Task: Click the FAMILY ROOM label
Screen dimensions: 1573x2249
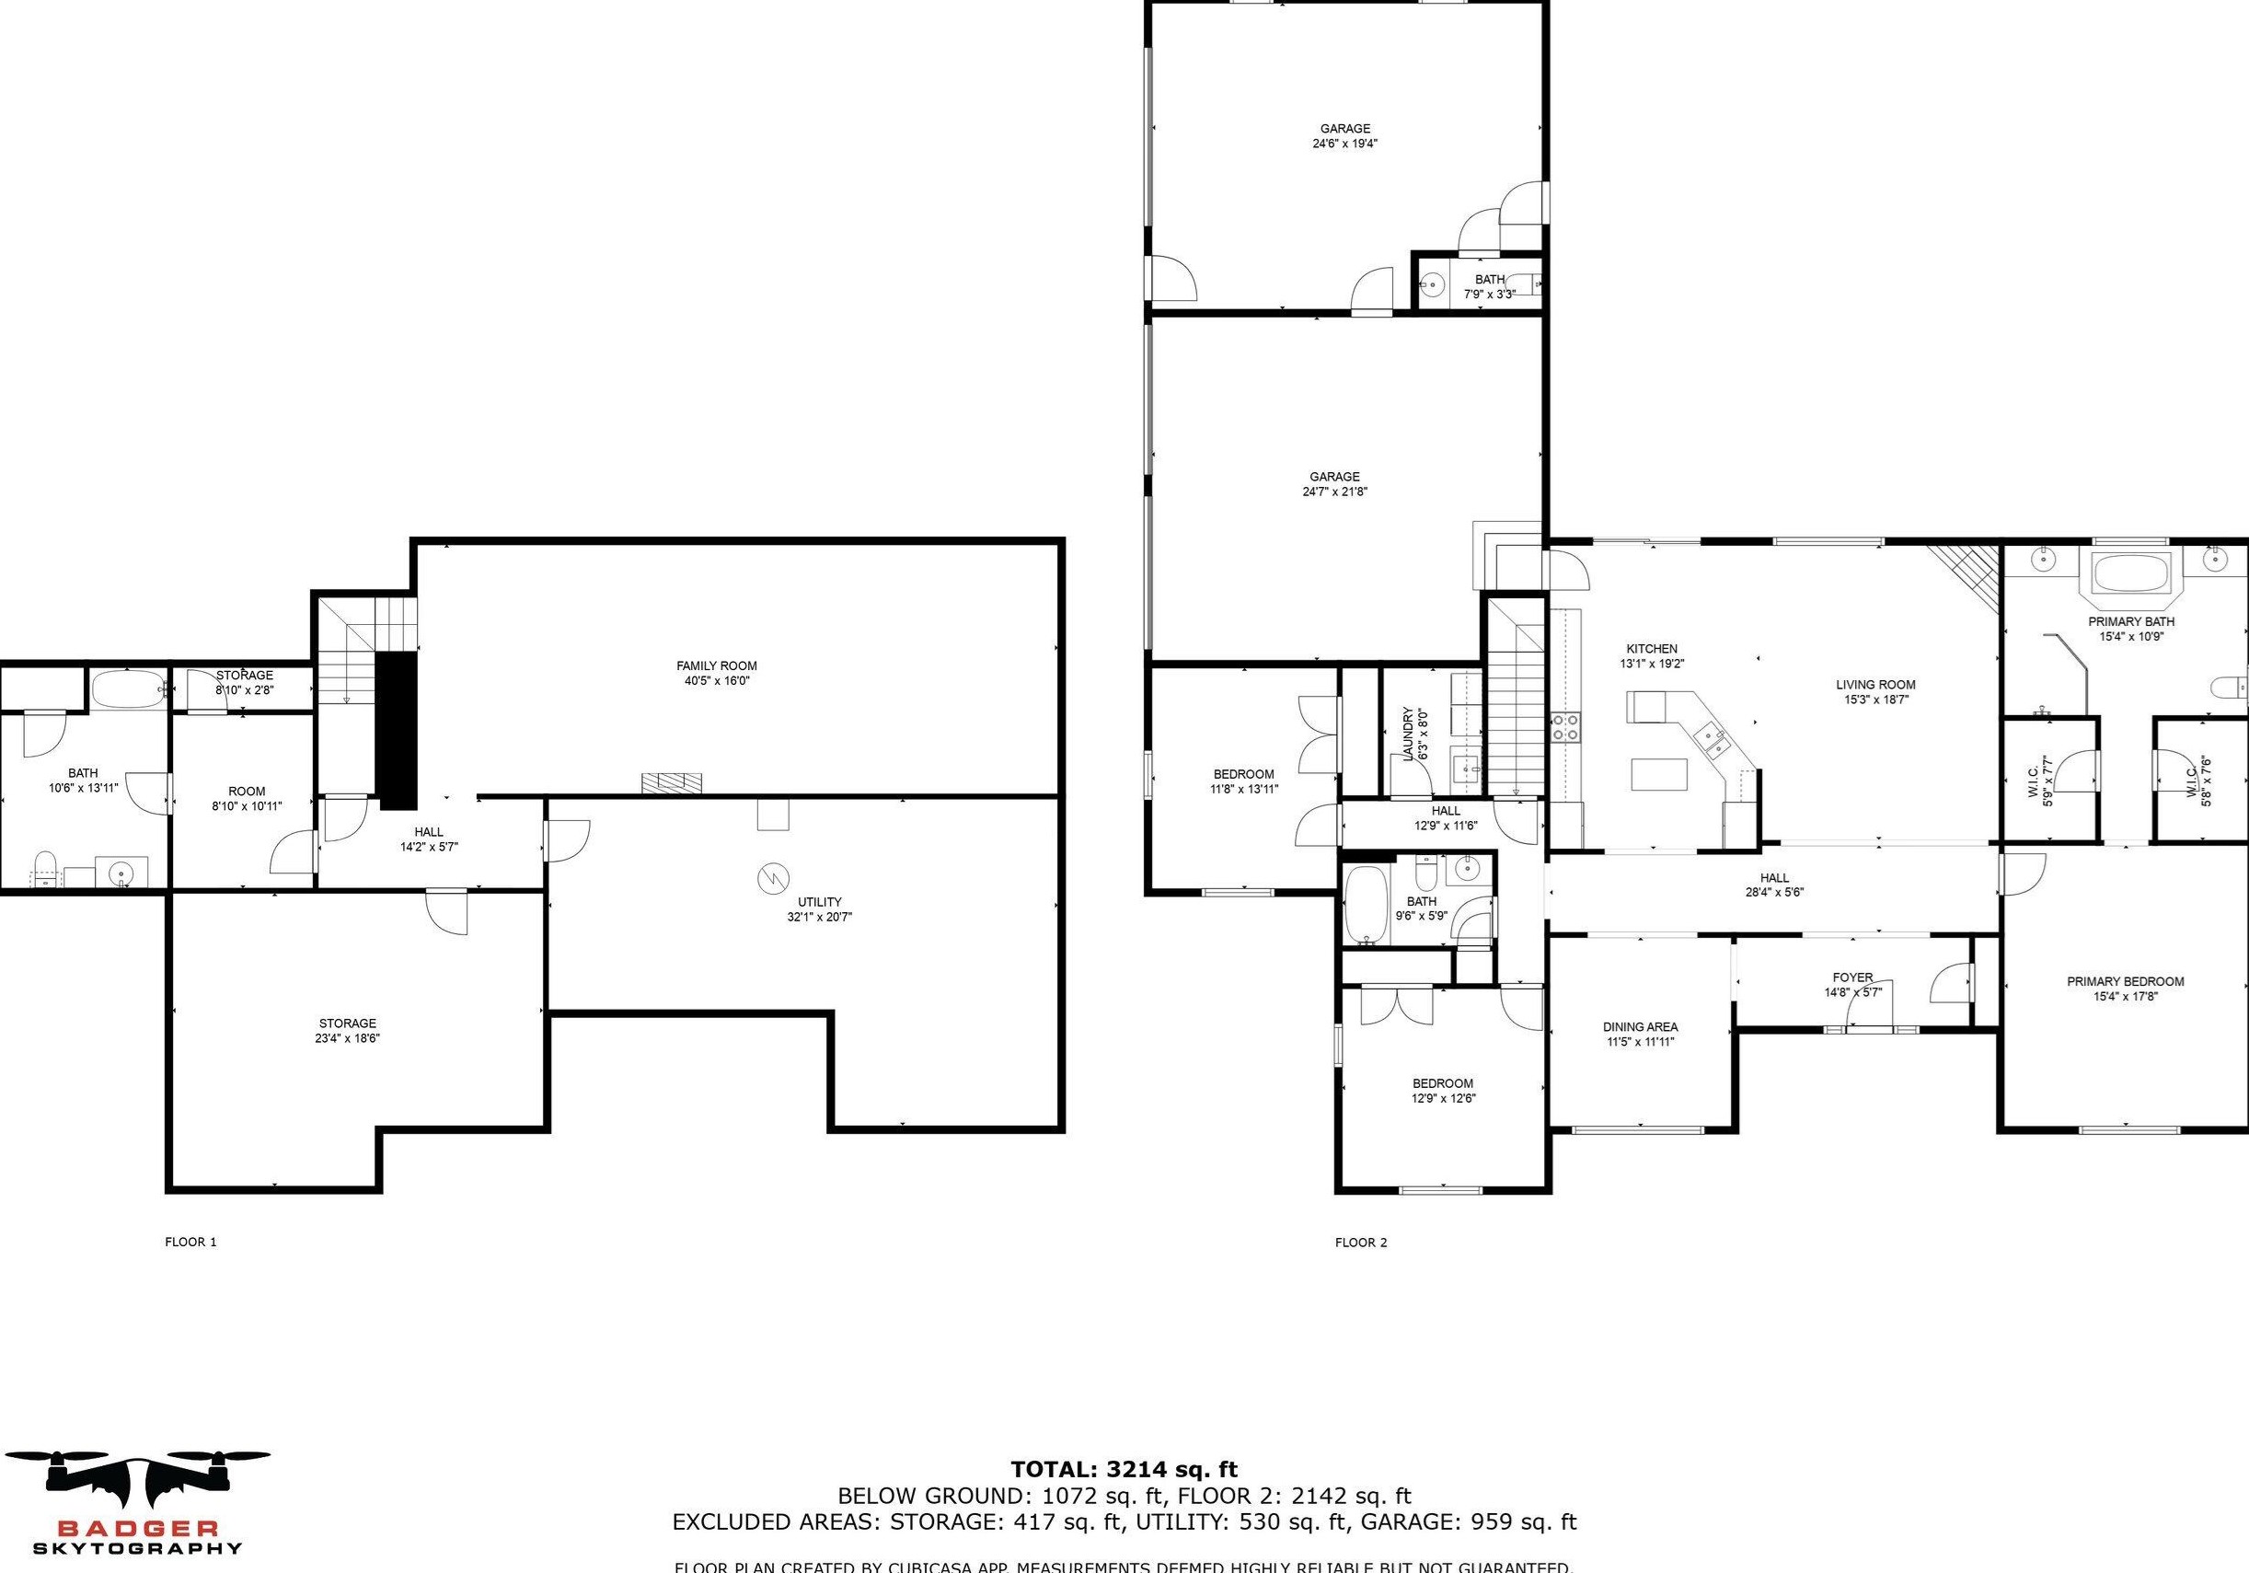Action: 716,666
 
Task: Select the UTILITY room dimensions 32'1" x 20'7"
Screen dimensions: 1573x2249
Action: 819,918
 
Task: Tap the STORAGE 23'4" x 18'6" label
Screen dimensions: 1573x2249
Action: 347,1030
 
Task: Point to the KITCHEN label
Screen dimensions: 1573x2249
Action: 1652,648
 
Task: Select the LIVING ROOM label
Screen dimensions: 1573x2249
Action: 1874,685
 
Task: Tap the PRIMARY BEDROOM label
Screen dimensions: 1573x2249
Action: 2125,981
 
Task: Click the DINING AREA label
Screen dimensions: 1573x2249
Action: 1640,1026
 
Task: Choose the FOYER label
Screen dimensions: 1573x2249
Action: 1852,977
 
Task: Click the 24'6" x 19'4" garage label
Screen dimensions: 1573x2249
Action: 1345,128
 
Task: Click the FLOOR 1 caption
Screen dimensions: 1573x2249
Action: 190,1242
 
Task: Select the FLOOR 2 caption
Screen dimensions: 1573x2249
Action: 1361,1243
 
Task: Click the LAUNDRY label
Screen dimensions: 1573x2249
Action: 1409,734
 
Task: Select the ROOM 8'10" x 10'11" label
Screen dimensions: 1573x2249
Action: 246,792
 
